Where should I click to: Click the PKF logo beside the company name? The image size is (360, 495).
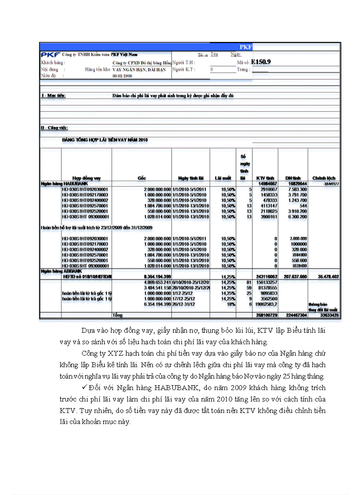tap(51, 55)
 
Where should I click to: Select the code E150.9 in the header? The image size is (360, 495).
tap(261, 62)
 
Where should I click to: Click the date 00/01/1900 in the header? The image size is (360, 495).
tap(122, 76)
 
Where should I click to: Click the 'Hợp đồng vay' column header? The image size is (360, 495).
tap(86, 178)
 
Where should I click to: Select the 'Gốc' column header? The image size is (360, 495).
tap(142, 178)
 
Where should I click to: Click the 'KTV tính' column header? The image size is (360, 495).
tap(266, 178)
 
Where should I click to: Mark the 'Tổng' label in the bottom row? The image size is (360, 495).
tap(117, 315)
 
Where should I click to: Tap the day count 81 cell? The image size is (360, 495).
tap(248, 282)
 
